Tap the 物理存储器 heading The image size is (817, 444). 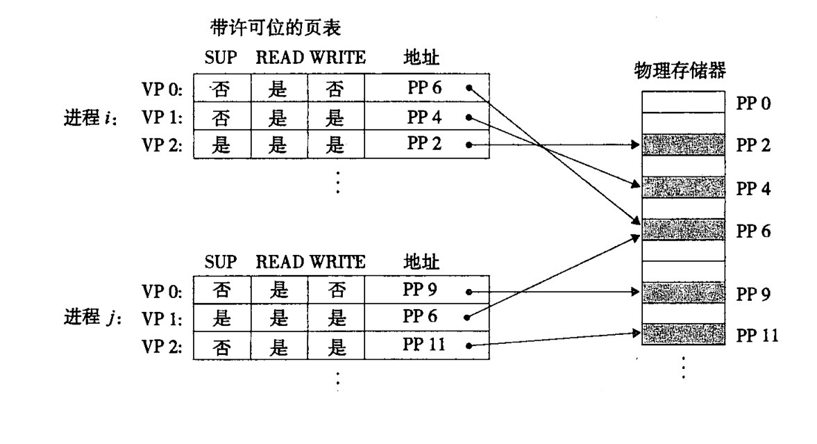tap(680, 70)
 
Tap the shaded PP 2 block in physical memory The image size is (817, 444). tap(680, 145)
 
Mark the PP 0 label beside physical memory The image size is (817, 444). tap(752, 104)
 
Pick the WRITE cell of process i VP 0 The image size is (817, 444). tap(335, 89)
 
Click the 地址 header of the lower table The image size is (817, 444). tap(421, 261)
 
